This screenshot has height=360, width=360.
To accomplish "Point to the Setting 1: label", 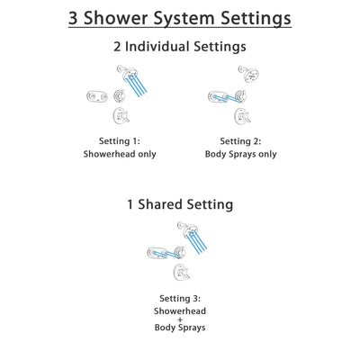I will pyautogui.click(x=120, y=140).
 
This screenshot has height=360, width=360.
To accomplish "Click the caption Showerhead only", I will pyautogui.click(x=120, y=154).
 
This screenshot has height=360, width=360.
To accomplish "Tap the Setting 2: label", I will pyautogui.click(x=240, y=140).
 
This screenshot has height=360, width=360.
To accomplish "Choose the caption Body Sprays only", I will pyautogui.click(x=240, y=154).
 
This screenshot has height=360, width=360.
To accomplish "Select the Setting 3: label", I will pyautogui.click(x=180, y=298).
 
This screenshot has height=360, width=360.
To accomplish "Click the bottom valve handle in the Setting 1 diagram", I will pyautogui.click(x=120, y=115).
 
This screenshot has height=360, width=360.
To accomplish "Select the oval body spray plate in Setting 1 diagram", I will pyautogui.click(x=96, y=96).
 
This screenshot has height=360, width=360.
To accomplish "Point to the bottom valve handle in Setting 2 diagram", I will pyautogui.click(x=240, y=115).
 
